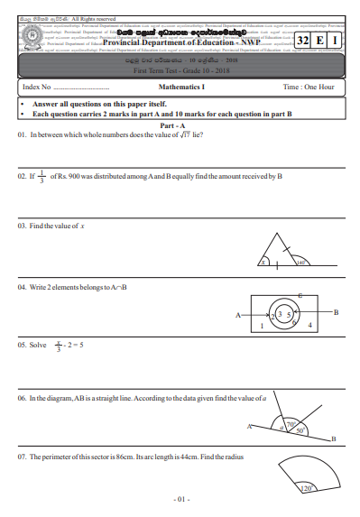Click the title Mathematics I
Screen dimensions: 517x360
[182, 88]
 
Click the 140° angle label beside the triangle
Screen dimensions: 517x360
[301, 263]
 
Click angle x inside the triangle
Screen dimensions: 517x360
[263, 263]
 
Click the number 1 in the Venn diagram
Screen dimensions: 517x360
[261, 324]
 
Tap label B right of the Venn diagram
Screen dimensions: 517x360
[336, 312]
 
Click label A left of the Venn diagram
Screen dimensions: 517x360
[238, 316]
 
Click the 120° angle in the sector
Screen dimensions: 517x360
[305, 488]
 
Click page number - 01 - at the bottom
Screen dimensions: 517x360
[180, 498]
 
